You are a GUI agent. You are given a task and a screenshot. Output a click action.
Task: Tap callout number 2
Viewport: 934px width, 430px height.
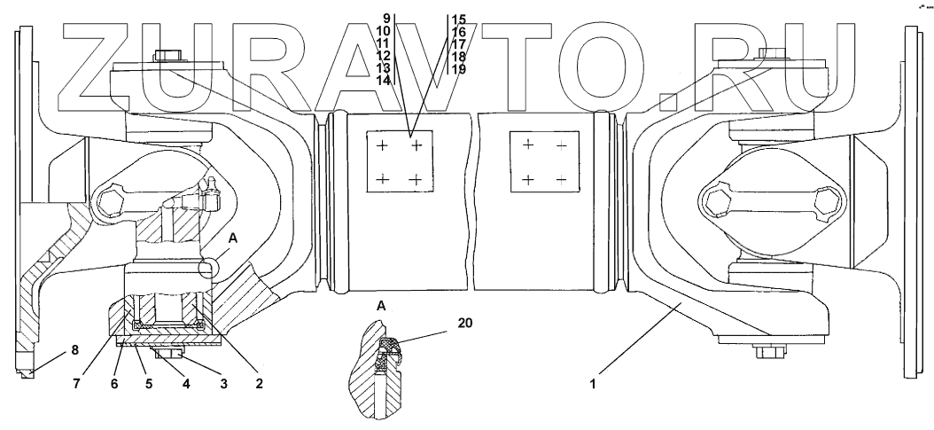click(x=258, y=384)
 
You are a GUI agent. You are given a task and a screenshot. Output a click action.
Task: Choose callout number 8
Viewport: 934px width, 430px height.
click(x=62, y=351)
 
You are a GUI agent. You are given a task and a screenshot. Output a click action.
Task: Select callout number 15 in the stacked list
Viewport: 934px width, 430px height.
click(x=459, y=18)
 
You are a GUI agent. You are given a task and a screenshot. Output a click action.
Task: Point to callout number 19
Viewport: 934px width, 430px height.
click(x=459, y=68)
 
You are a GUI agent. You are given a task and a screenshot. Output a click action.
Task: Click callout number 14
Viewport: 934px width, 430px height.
click(x=384, y=80)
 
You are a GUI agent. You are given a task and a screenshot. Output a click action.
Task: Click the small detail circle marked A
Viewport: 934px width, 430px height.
click(x=210, y=268)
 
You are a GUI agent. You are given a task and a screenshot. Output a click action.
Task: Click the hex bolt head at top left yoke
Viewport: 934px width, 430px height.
click(x=165, y=57)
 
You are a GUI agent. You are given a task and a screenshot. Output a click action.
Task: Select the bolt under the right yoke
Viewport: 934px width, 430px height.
click(x=767, y=352)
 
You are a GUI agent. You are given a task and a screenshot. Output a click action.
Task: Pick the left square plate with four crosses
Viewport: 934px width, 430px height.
click(x=400, y=161)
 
